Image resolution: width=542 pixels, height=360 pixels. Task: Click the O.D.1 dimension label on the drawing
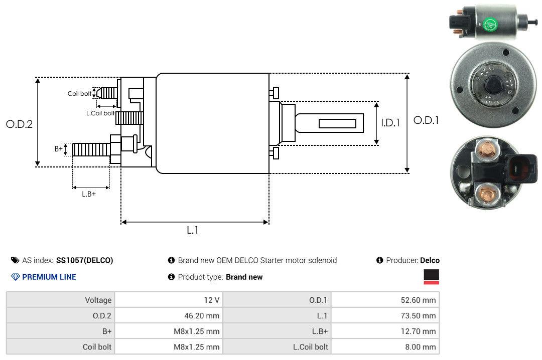426,120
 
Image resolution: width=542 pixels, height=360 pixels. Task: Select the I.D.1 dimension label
390,122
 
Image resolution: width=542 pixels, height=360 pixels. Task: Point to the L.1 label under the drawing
193,230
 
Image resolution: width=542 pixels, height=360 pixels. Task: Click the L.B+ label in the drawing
89,194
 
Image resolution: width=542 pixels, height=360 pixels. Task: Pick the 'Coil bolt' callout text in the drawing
79,94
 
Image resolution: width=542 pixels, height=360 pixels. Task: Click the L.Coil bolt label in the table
310,347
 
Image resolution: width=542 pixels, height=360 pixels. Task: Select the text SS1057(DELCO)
84,260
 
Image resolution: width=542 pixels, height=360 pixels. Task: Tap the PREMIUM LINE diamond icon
15,277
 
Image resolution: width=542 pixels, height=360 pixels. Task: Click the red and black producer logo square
431,277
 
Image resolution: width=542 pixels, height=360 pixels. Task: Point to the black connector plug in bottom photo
521,167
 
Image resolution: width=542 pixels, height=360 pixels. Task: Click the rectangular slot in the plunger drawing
337,123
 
